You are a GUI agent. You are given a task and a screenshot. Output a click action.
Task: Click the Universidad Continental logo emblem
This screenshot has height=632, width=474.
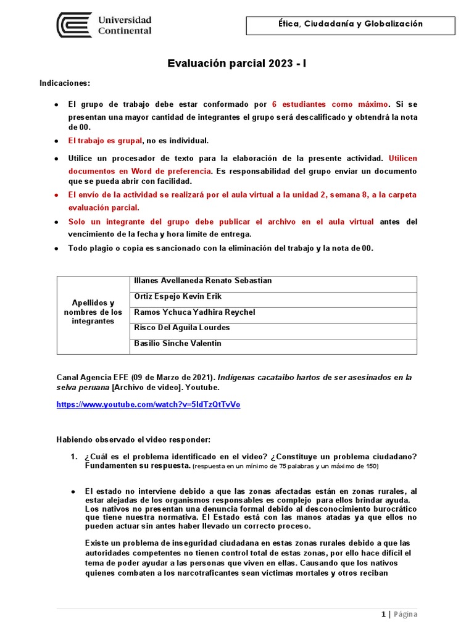74,25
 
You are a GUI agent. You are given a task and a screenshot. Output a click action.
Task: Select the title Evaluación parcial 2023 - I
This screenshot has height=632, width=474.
237,64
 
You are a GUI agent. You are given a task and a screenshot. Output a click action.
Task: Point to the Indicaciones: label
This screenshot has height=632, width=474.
65,83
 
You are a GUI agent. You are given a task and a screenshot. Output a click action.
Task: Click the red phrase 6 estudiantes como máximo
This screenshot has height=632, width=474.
331,104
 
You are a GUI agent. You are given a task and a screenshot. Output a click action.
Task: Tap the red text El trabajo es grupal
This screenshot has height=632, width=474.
105,141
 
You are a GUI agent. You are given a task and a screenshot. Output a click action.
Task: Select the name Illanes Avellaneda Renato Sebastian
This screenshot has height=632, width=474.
202,281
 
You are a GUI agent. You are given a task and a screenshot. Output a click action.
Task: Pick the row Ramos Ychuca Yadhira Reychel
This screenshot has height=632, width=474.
194,312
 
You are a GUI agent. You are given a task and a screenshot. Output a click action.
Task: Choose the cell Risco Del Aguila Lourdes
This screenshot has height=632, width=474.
181,328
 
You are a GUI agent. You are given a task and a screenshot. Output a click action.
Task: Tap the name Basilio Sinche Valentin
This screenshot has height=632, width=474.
177,344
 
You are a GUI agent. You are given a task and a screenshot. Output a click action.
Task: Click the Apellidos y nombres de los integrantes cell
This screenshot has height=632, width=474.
93,312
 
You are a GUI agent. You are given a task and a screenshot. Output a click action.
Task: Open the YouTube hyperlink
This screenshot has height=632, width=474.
148,405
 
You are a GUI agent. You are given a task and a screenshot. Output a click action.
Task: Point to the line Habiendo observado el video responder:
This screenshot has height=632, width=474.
133,440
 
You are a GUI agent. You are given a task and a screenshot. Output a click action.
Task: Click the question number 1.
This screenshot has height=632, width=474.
73,457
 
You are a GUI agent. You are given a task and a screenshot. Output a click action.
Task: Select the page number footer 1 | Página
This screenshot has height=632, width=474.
399,614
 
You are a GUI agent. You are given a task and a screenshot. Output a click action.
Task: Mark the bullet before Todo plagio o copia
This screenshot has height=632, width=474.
57,248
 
